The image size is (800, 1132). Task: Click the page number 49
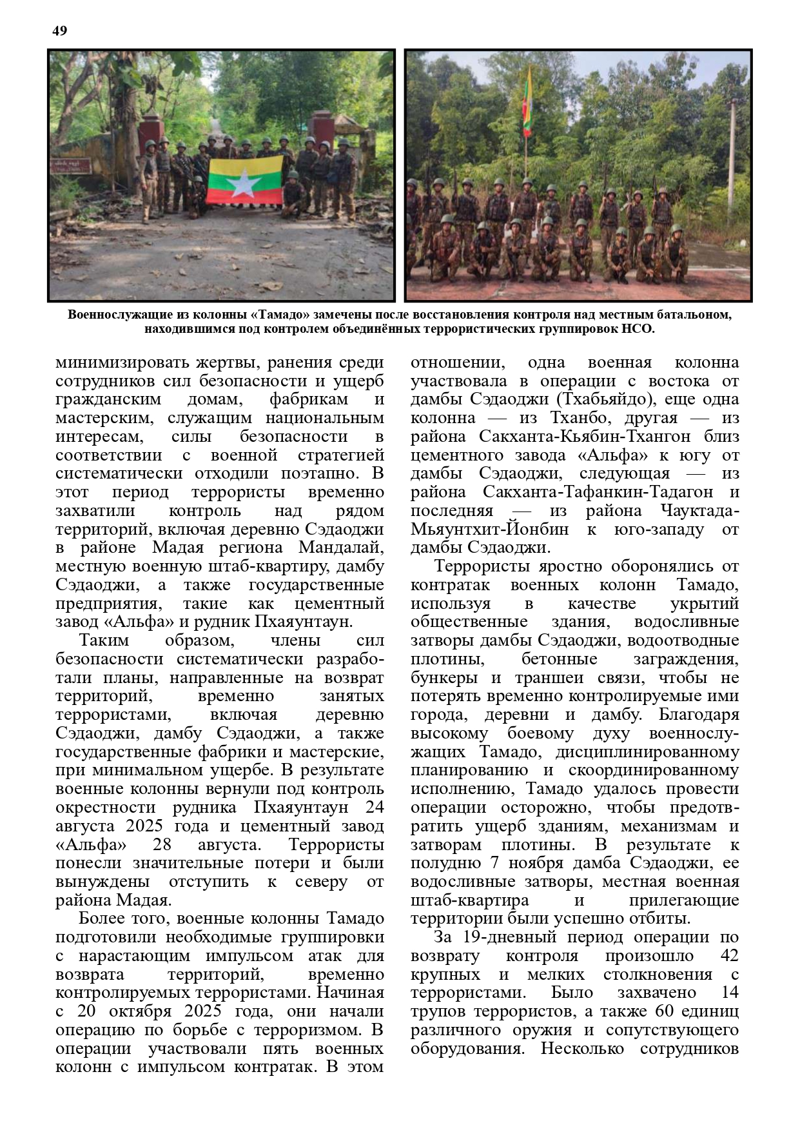(x=59, y=31)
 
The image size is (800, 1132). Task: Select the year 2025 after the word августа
(x=148, y=826)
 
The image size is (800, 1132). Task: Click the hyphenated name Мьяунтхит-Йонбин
(x=490, y=530)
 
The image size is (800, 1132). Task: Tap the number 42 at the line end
(x=727, y=956)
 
